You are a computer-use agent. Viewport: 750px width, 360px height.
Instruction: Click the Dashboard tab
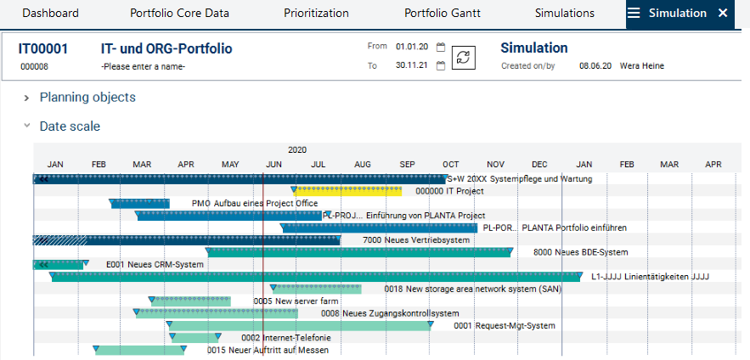click(x=50, y=13)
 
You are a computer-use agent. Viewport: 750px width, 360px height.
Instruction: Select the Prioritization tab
click(x=317, y=13)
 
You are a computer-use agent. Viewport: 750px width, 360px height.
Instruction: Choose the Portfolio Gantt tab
click(x=442, y=13)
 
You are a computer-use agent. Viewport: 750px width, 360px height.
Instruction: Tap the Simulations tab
click(x=565, y=13)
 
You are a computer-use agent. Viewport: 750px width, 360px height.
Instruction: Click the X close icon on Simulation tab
click(x=723, y=13)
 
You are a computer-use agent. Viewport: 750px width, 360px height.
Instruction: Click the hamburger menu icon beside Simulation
click(x=634, y=13)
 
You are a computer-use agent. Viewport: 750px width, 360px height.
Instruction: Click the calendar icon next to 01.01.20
click(x=440, y=48)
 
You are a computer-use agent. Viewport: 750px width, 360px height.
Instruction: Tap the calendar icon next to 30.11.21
click(x=440, y=65)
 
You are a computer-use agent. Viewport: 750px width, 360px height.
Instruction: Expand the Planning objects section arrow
click(x=28, y=98)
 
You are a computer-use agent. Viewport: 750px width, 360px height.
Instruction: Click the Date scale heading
click(x=70, y=127)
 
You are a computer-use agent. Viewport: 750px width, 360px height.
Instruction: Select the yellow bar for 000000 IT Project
click(x=348, y=191)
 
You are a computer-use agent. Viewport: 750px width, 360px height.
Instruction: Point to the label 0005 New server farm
click(x=296, y=301)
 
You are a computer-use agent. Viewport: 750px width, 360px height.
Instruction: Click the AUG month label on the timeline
click(x=363, y=164)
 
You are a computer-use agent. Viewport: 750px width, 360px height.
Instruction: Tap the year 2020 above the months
click(x=297, y=149)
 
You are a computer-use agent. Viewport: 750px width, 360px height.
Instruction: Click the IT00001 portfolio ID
click(x=43, y=49)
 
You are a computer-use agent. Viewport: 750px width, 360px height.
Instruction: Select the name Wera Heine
click(x=642, y=65)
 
